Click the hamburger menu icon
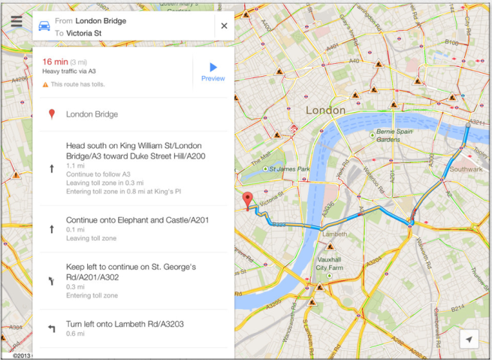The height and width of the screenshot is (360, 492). tap(16, 22)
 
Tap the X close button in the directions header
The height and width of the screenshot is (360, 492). tap(224, 26)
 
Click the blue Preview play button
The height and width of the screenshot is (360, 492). tap(213, 68)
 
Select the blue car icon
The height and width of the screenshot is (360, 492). tap(45, 26)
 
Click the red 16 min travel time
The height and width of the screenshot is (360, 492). tap(56, 62)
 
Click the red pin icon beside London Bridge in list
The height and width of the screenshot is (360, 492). tap(51, 115)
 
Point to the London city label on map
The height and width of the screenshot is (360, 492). tap(325, 110)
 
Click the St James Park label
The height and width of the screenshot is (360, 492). tap(288, 169)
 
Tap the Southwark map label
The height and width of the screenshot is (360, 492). tap(465, 170)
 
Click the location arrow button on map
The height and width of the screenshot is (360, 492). tap(469, 340)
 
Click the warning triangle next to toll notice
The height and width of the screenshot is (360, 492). tap(45, 84)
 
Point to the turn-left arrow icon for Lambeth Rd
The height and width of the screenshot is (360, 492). tap(51, 328)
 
